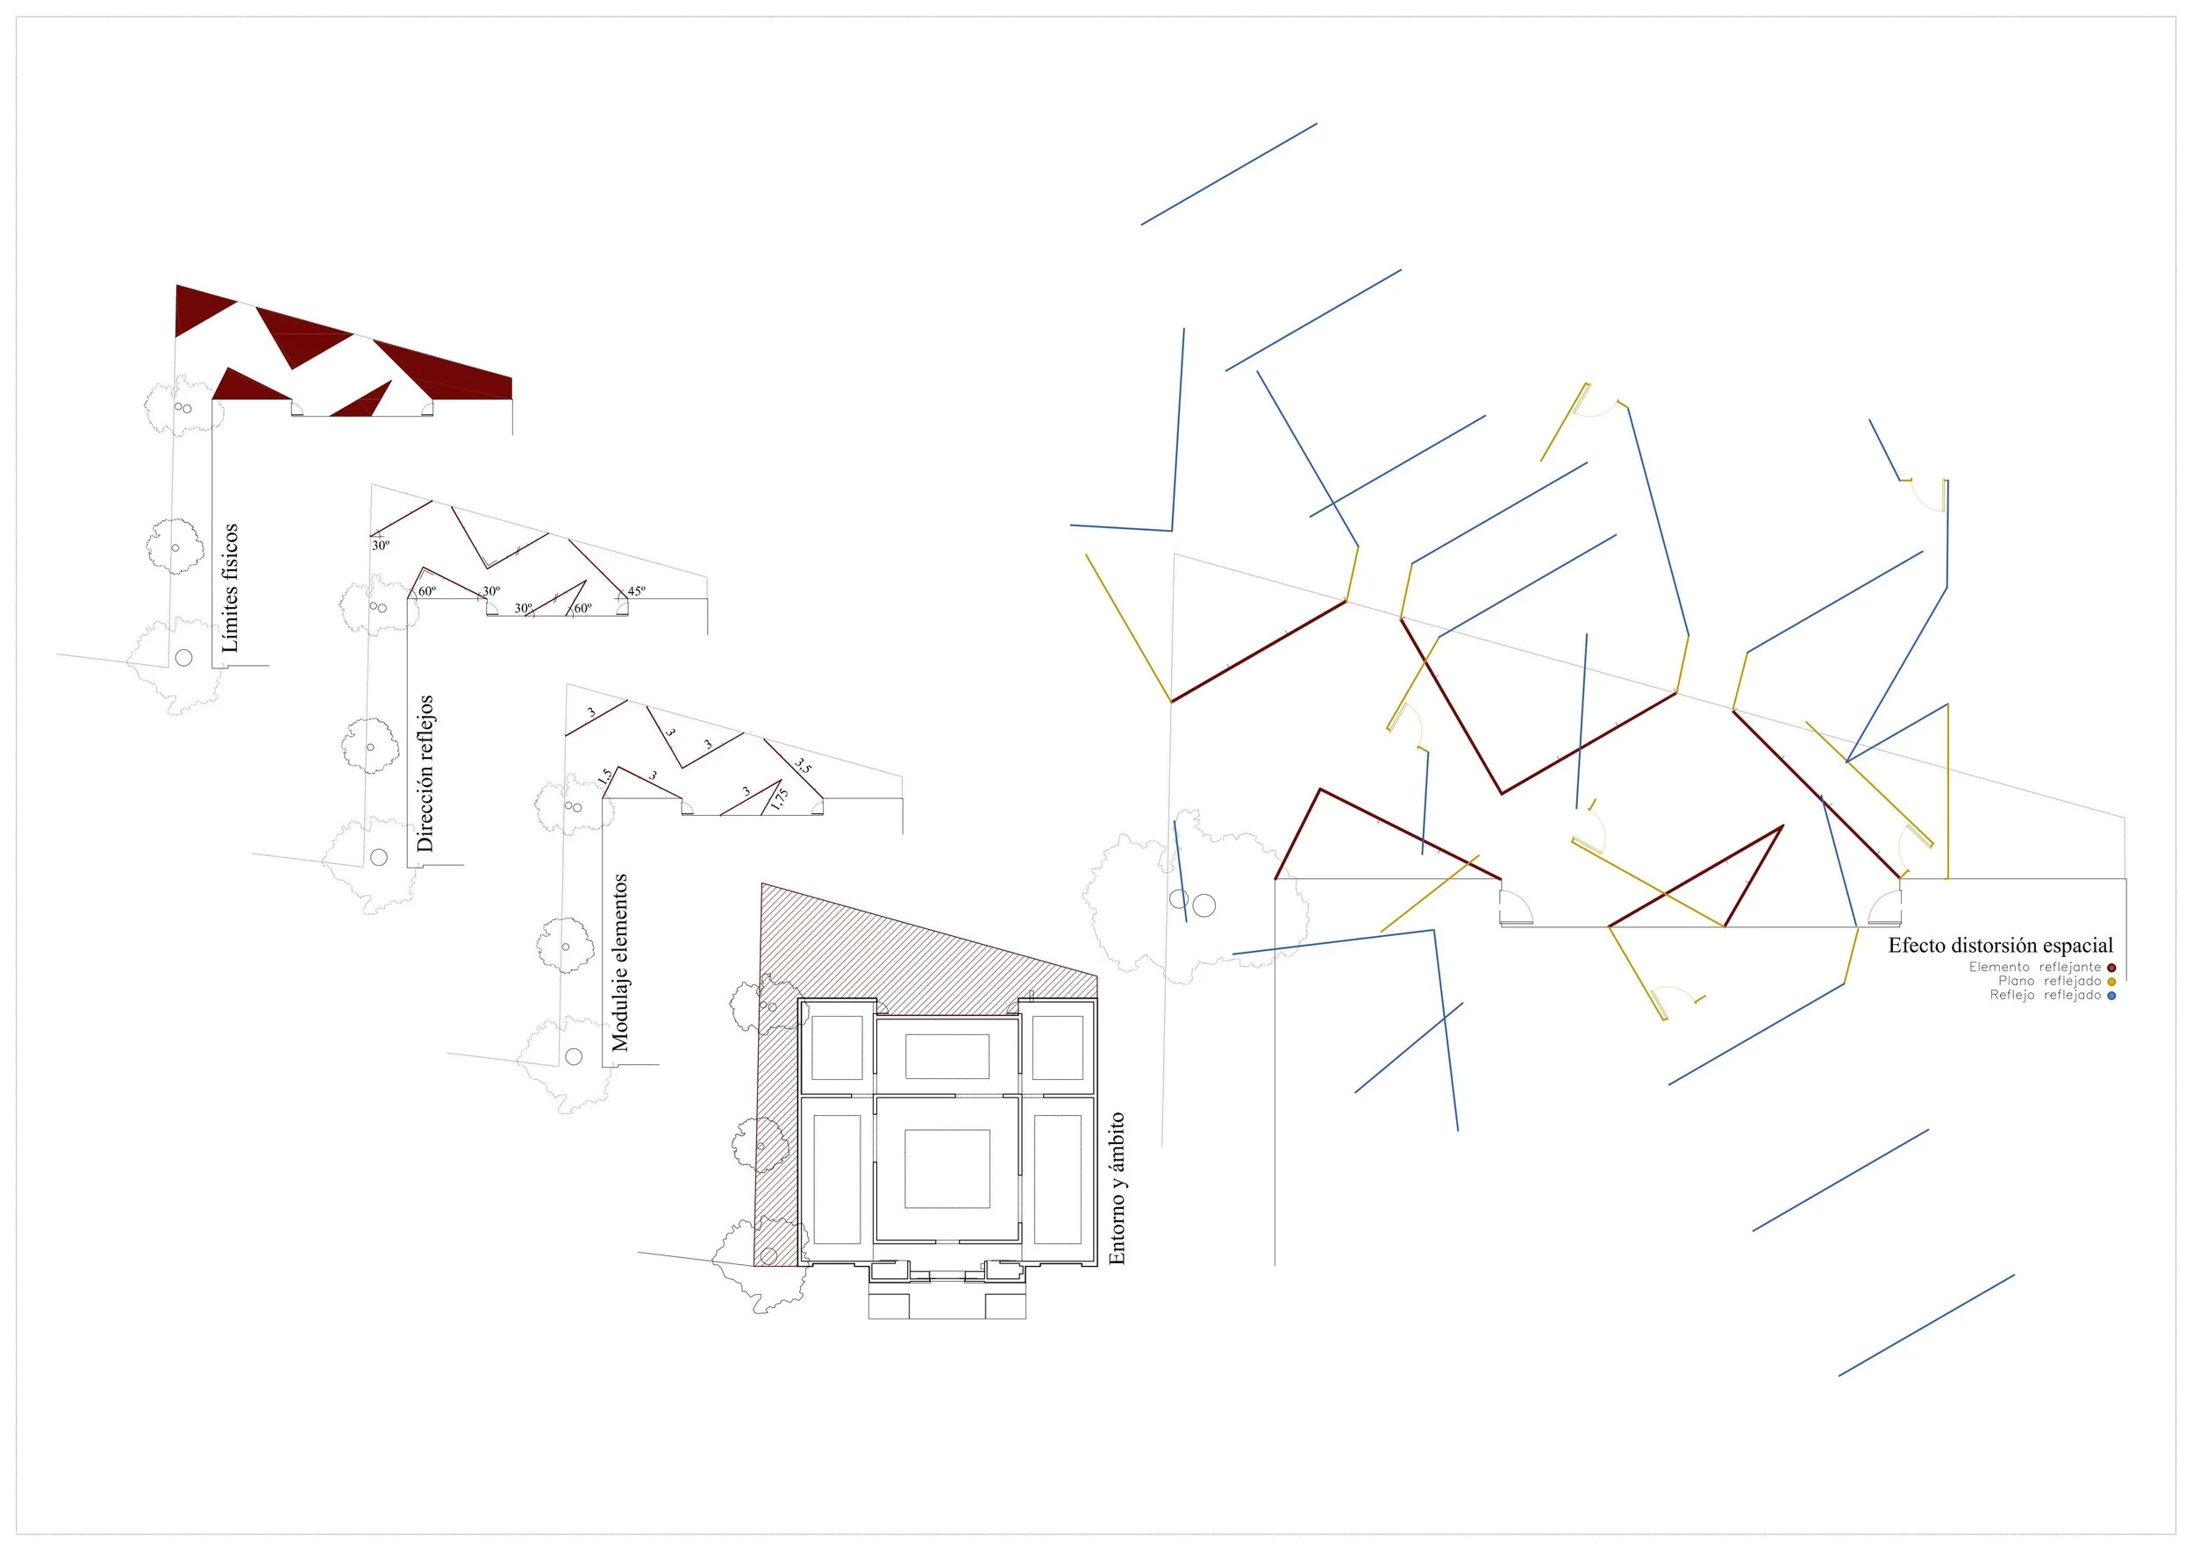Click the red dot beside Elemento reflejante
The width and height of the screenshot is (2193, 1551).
pyautogui.click(x=2111, y=968)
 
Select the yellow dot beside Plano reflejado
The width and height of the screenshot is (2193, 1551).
pyautogui.click(x=2111, y=981)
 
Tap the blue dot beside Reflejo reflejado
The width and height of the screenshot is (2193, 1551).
pyautogui.click(x=2111, y=995)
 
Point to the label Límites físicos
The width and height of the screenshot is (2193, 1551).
pyautogui.click(x=229, y=588)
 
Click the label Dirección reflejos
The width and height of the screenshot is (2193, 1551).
pyautogui.click(x=425, y=773)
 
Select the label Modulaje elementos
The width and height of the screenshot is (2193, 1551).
pyautogui.click(x=620, y=962)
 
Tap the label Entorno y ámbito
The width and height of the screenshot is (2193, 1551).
pyautogui.click(x=1117, y=1189)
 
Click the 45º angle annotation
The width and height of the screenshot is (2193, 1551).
pyautogui.click(x=636, y=591)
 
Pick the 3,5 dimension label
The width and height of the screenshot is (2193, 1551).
pyautogui.click(x=804, y=765)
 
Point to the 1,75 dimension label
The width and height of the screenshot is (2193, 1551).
pyautogui.click(x=781, y=798)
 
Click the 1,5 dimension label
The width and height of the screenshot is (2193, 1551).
pyautogui.click(x=604, y=778)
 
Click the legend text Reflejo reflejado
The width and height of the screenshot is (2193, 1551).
pyautogui.click(x=2046, y=995)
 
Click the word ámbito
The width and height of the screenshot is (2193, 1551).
pyautogui.click(x=1117, y=1141)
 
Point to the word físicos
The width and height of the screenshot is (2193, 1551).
pyautogui.click(x=229, y=553)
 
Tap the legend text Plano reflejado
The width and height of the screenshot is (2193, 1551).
pyautogui.click(x=2050, y=981)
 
